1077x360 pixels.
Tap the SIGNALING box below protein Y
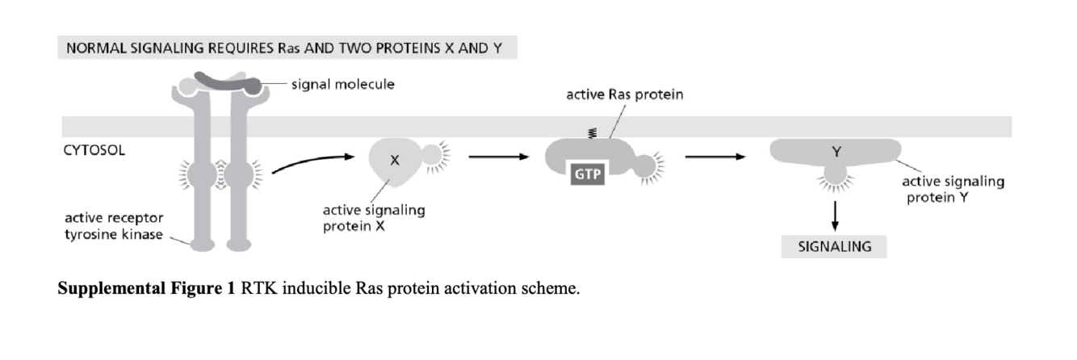pos(834,246)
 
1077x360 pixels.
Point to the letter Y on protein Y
pos(834,150)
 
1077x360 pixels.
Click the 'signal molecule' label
pos(343,84)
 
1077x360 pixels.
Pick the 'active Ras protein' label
pos(624,95)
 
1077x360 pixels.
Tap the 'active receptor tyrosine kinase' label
pos(114,226)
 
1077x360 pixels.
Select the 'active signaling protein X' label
pos(373,218)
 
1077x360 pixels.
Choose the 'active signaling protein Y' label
pos(953,190)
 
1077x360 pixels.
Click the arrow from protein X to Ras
pos(492,157)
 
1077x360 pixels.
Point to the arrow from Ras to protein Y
pos(715,157)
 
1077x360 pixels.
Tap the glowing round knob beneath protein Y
pos(834,175)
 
